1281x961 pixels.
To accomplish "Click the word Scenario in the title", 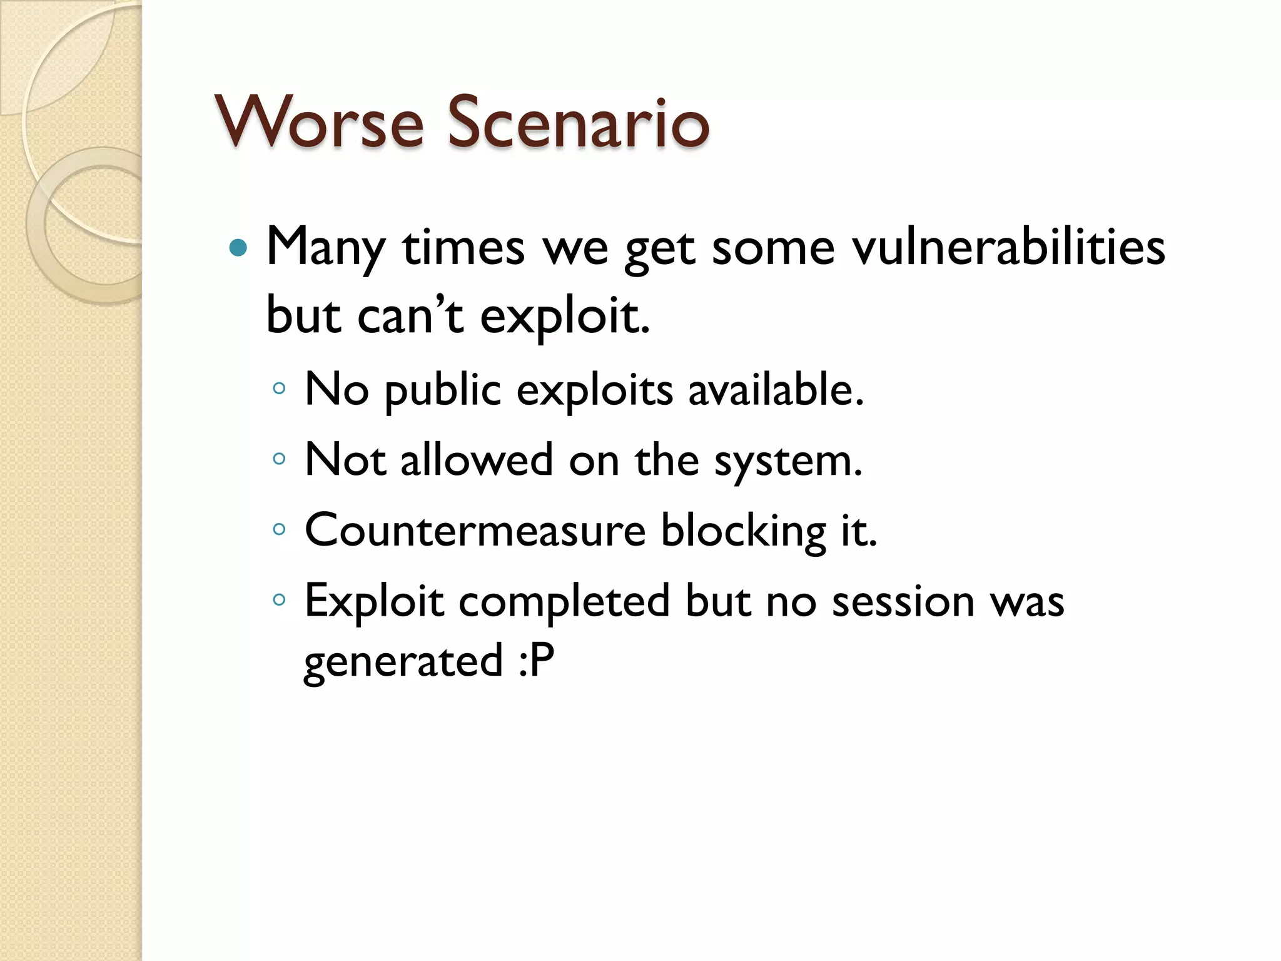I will [x=578, y=123].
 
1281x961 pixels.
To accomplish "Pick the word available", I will [x=776, y=390].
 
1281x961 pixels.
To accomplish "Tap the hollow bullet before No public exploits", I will [x=279, y=389].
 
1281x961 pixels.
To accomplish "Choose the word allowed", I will [x=477, y=460].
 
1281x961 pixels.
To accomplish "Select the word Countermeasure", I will [x=475, y=531].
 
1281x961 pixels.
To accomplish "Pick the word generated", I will [x=403, y=662].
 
